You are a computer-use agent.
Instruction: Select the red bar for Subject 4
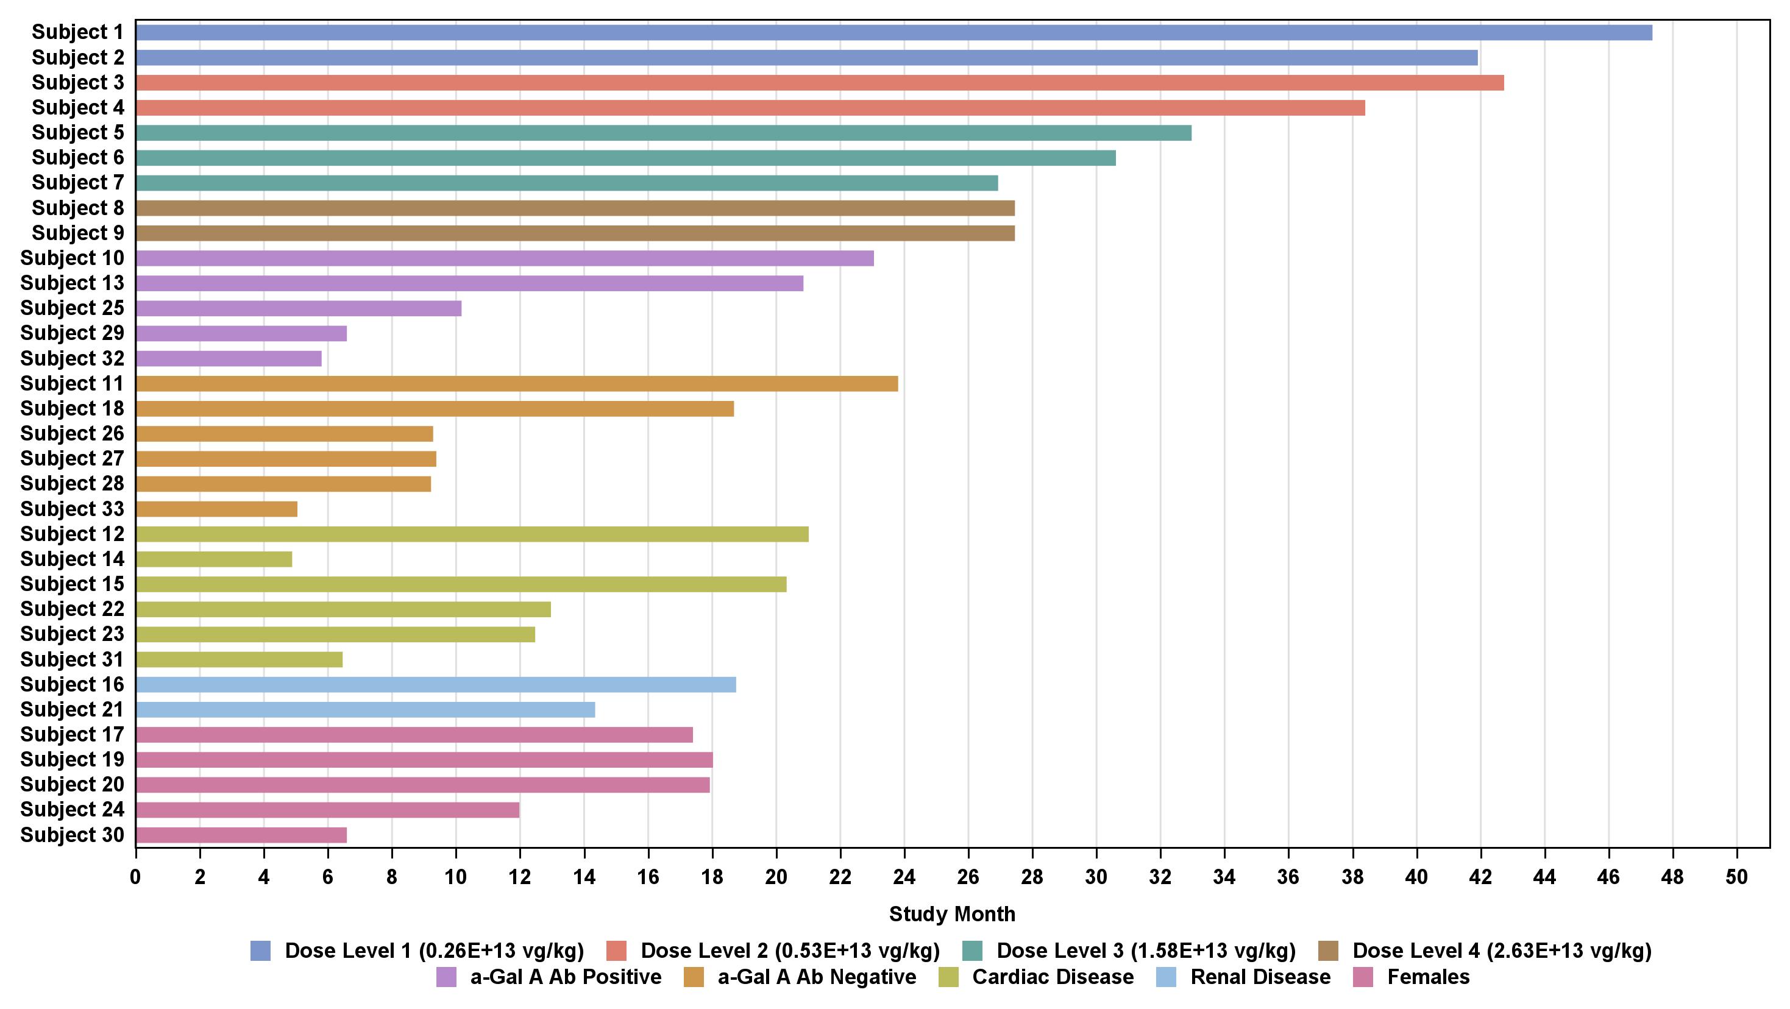pyautogui.click(x=750, y=108)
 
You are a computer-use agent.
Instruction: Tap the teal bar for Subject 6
pyautogui.click(x=625, y=158)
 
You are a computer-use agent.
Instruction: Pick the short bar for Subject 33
pyautogui.click(x=216, y=509)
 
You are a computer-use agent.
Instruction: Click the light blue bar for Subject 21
pyautogui.click(x=365, y=709)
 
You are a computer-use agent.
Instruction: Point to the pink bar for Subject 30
pyautogui.click(x=241, y=835)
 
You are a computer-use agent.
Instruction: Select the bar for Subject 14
pyautogui.click(x=213, y=559)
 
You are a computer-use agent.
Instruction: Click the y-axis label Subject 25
pyautogui.click(x=73, y=308)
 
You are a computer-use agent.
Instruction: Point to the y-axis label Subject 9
pyautogui.click(x=78, y=233)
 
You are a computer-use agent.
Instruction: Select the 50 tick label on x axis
pyautogui.click(x=1736, y=876)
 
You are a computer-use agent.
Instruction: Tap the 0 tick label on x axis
pyautogui.click(x=135, y=876)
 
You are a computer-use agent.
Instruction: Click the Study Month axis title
pyautogui.click(x=952, y=914)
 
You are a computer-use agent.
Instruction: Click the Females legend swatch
pyautogui.click(x=1363, y=977)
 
